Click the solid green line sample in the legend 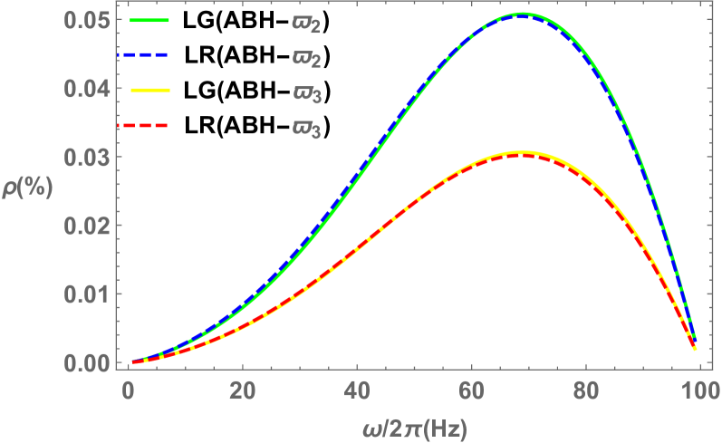tap(150, 20)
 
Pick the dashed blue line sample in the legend tap(150, 55)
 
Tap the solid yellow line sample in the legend tap(150, 91)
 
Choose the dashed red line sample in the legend tap(150, 126)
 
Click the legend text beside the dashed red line tap(306, 130)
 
